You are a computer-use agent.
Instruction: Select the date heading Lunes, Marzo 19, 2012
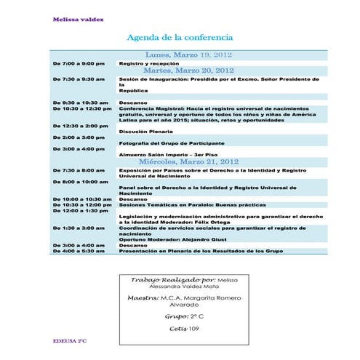[188, 55]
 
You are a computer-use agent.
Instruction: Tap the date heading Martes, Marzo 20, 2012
[188, 71]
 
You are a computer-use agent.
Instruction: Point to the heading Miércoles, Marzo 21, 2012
[188, 161]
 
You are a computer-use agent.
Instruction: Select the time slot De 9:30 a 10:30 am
[80, 103]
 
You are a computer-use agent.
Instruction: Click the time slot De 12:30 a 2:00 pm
[80, 126]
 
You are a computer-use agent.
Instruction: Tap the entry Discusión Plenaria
[145, 132]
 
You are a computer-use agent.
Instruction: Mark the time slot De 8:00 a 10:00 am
[80, 181]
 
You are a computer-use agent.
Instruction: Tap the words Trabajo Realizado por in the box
[172, 279]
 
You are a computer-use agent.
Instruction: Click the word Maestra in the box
[143, 298]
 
